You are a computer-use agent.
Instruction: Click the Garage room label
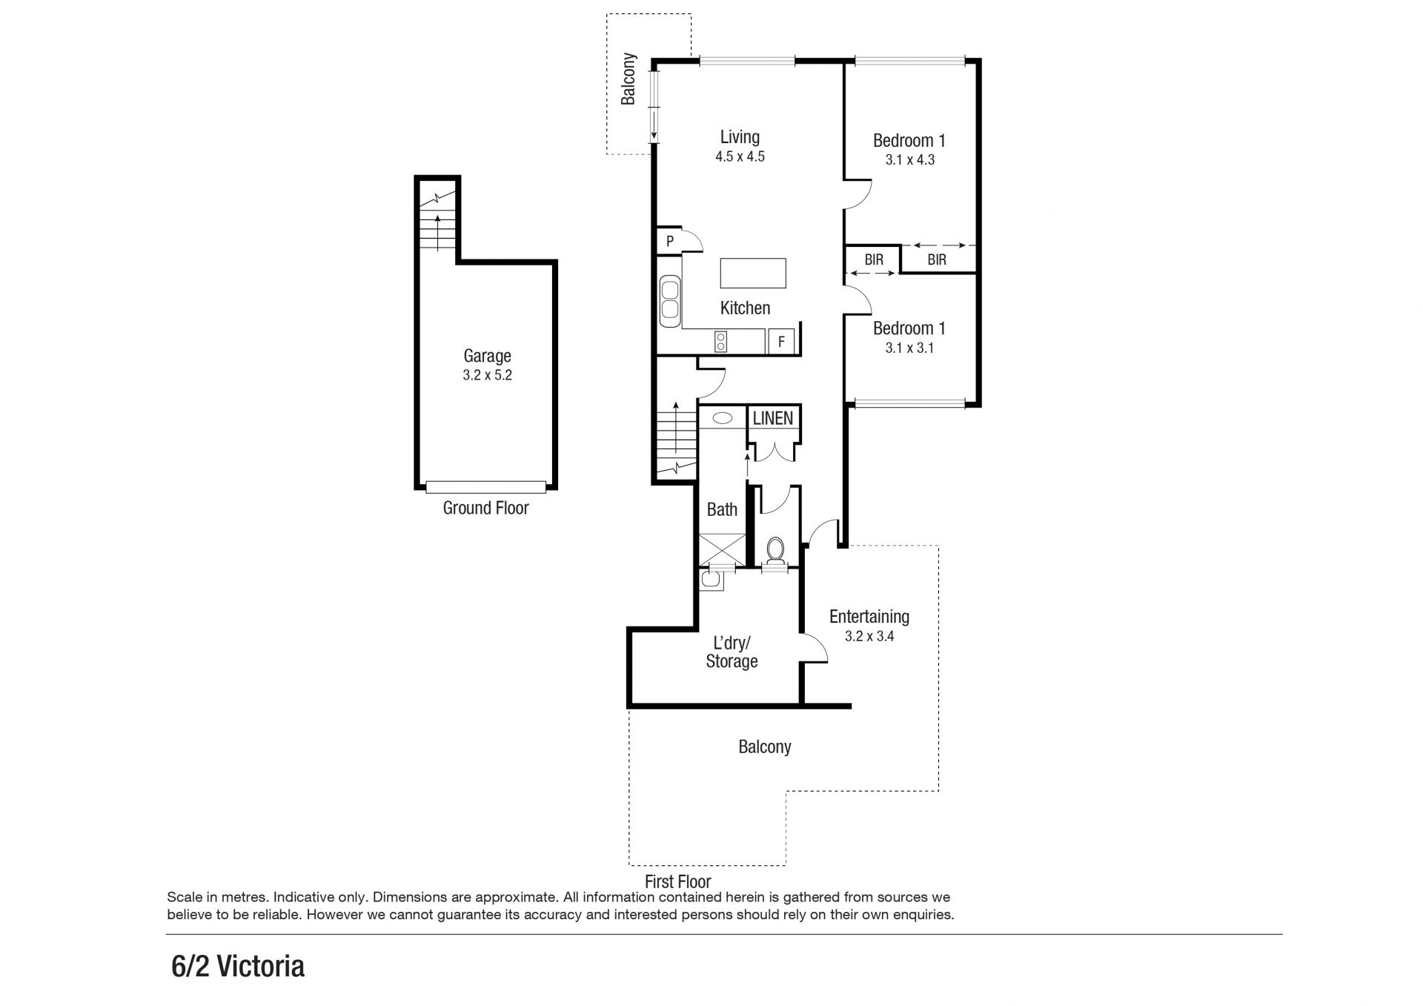(487, 356)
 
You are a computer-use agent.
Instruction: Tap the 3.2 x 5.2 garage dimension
(487, 375)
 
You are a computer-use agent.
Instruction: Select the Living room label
(740, 137)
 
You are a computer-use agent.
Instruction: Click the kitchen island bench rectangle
(753, 273)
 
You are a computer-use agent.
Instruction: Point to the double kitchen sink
(671, 300)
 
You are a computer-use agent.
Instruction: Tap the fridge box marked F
(780, 342)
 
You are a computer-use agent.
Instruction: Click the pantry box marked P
(670, 241)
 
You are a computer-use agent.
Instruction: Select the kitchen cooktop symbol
(720, 342)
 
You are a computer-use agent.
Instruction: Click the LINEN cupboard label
(773, 418)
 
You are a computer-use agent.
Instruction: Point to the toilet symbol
(775, 551)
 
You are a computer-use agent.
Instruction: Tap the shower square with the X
(722, 548)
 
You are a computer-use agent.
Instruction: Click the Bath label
(722, 509)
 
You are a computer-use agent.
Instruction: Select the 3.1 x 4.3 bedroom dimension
(910, 159)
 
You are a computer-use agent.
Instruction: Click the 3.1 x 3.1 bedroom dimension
(909, 348)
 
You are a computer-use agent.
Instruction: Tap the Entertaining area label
(869, 617)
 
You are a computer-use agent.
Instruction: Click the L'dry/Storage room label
(732, 652)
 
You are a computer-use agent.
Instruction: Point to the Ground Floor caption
(486, 508)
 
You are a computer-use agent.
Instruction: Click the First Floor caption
(678, 881)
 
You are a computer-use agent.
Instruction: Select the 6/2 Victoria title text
(238, 967)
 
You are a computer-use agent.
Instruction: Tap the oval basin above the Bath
(722, 418)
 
